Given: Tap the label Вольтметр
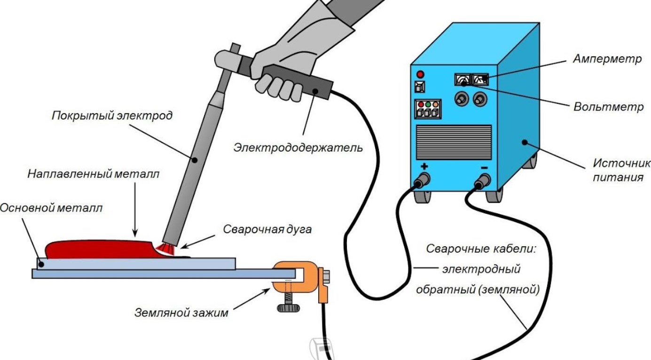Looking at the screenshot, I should tap(608, 106).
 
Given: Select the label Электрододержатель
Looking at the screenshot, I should tap(298, 148).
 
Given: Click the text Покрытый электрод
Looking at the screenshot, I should tap(112, 115).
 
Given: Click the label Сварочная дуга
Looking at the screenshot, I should tap(267, 229).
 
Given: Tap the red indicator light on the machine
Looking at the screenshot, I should tap(420, 74).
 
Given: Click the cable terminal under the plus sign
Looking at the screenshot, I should tap(423, 180).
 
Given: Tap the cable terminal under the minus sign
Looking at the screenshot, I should tap(484, 181).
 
